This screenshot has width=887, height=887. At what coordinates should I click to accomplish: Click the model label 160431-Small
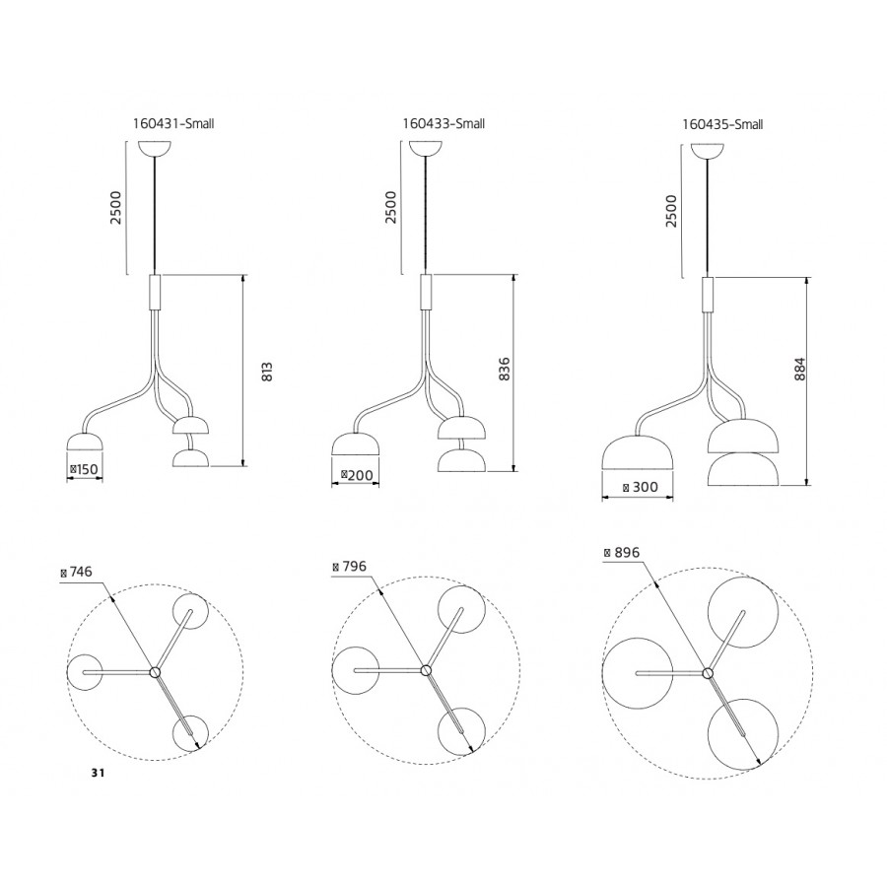point(173,123)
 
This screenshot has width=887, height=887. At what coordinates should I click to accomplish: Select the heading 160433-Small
point(443,123)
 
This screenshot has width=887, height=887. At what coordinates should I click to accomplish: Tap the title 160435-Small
point(722,124)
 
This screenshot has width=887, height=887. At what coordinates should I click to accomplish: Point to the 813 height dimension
point(267,372)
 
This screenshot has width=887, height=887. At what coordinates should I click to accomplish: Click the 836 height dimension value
point(505,369)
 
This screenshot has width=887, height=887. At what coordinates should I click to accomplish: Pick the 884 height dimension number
point(798,369)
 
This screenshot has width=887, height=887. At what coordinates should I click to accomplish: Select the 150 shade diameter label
point(84,469)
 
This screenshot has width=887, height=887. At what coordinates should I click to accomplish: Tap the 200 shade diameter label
point(357,475)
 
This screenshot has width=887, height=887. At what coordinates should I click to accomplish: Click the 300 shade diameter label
point(640,487)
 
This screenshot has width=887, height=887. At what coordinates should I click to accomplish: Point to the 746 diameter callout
point(76,572)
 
